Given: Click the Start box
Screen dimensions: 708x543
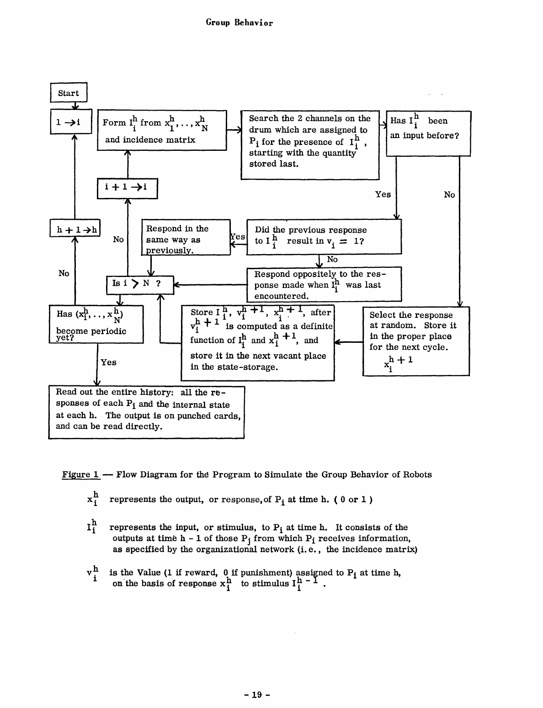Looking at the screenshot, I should tap(68, 93).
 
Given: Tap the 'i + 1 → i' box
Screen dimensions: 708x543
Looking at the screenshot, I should tap(127, 188).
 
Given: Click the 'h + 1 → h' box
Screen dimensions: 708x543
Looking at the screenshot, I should tap(75, 229).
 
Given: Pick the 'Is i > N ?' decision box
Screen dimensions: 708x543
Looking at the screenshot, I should tap(139, 284).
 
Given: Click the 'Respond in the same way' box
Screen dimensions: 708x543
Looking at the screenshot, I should tap(186, 238).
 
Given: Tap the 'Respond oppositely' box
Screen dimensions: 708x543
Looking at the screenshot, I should tap(324, 284).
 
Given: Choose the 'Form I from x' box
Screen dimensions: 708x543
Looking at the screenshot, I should tap(162, 130).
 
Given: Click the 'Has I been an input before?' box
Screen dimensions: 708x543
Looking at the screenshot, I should tap(428, 133).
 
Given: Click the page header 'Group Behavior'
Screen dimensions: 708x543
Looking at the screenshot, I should tap(240, 23).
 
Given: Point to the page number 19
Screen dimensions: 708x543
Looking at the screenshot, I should tap(257, 695).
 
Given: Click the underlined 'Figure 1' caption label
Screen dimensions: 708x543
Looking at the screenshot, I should tap(81, 474).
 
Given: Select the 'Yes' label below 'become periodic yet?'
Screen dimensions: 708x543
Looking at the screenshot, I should tap(109, 362).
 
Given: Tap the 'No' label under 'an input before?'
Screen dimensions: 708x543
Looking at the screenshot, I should tap(449, 195).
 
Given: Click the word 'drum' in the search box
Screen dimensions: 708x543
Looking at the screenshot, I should tap(260, 130).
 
